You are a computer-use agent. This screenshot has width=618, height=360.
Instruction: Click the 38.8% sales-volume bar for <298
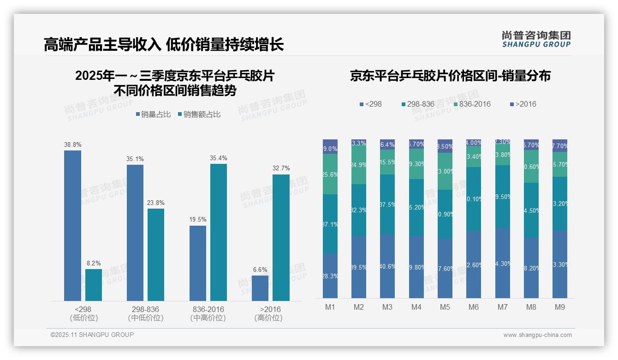(72, 226)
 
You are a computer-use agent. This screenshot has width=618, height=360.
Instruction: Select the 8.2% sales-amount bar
(94, 285)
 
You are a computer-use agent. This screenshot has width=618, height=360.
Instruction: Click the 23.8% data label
(156, 203)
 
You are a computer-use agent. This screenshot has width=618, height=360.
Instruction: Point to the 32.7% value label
(281, 168)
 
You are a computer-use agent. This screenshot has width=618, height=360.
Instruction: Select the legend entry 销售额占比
(199, 114)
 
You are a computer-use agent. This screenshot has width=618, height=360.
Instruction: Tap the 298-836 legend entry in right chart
(417, 104)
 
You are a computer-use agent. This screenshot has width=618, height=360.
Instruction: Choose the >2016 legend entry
(523, 104)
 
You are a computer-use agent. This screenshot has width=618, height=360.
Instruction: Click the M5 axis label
(445, 307)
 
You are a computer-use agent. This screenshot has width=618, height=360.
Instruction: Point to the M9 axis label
(559, 307)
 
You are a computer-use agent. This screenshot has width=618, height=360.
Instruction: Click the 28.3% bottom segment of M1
(330, 276)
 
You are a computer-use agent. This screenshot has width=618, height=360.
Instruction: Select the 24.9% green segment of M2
(359, 165)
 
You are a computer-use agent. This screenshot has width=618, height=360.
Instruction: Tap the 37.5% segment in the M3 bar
(387, 204)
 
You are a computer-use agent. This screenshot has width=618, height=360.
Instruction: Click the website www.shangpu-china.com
(537, 335)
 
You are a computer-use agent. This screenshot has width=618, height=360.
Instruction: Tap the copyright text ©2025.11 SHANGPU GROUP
(92, 335)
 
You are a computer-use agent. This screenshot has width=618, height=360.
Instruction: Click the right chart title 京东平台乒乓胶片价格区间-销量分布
(450, 76)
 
